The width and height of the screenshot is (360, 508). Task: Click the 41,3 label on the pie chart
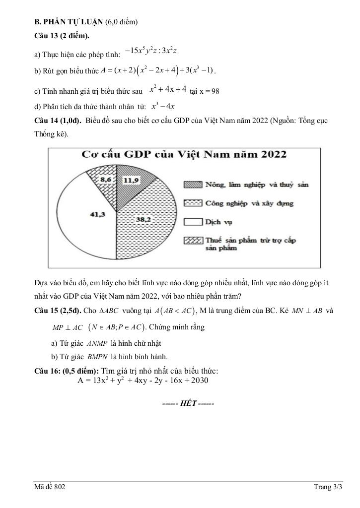97,214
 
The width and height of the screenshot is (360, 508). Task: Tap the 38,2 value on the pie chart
144,219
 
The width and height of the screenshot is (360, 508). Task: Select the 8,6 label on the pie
106,179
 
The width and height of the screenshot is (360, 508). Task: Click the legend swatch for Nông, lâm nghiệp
193,185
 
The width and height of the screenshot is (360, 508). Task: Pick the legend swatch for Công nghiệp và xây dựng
193,203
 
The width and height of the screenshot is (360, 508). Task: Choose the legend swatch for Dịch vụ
193,221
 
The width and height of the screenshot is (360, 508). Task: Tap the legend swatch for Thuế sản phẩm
193,240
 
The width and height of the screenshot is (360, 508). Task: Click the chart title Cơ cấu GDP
184,154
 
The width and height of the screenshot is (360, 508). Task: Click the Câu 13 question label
61,36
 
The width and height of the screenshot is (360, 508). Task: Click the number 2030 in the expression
198,381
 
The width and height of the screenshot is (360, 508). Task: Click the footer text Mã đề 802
50,487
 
